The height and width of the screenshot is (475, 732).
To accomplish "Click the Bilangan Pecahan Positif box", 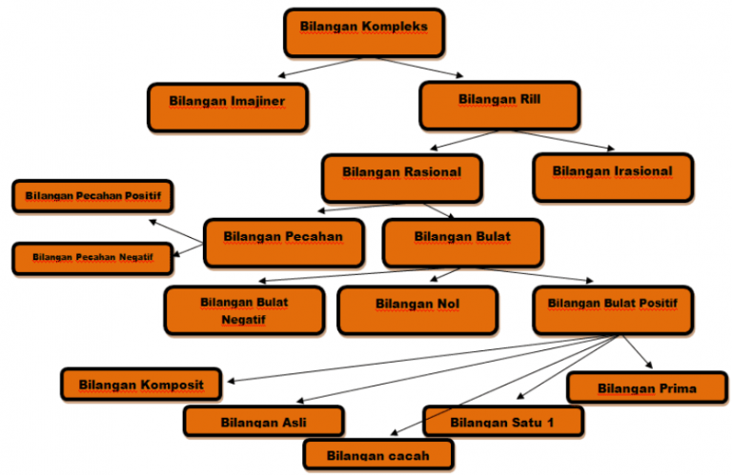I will click(92, 196).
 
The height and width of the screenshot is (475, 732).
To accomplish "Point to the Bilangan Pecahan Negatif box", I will click(92, 258).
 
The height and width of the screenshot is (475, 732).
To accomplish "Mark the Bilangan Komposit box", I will click(141, 384).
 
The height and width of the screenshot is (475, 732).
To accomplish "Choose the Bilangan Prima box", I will click(646, 387).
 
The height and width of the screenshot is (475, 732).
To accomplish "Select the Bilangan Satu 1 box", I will click(502, 421).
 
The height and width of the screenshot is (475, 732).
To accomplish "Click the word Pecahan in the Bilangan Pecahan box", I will click(314, 236).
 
